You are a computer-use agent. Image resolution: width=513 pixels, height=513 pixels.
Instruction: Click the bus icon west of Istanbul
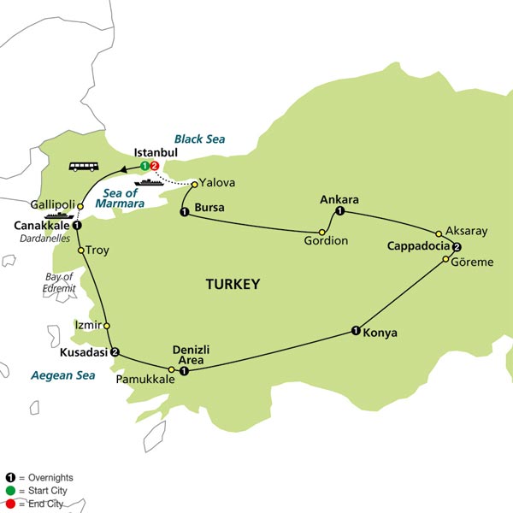point(82,167)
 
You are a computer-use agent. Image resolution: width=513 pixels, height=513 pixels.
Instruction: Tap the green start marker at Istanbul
point(145,165)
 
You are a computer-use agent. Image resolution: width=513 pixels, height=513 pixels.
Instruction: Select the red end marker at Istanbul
point(155,165)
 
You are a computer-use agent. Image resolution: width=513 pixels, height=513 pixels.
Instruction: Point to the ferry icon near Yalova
point(148,182)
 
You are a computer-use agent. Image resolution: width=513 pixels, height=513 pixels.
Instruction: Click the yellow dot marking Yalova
point(194,183)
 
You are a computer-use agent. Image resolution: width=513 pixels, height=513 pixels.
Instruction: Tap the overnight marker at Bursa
point(184,212)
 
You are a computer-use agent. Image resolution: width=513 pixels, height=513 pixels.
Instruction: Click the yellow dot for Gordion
point(322,232)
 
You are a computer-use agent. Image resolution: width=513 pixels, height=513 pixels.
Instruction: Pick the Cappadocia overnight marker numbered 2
point(457,249)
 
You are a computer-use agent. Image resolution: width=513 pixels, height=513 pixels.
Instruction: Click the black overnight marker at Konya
point(355,331)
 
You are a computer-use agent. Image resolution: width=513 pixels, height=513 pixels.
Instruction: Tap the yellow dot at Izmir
point(107,326)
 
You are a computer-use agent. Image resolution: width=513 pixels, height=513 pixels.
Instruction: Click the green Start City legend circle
point(9,490)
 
